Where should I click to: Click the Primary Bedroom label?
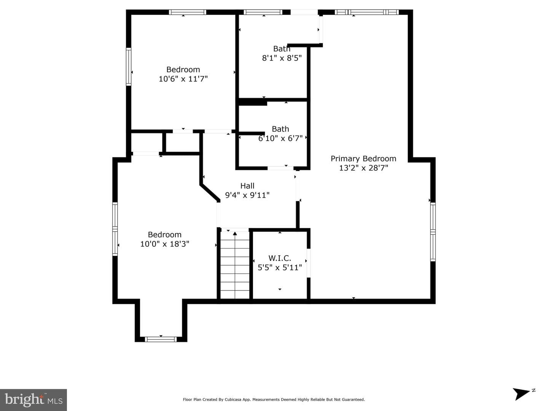point(363,159)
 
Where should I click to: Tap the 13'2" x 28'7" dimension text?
point(363,168)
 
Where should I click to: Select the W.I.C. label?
point(280,258)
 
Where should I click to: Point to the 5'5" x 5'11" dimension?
point(280,268)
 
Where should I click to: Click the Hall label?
point(247,186)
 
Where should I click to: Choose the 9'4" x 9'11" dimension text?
point(247,195)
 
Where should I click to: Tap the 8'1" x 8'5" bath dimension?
point(282,58)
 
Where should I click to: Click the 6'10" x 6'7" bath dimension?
point(280,138)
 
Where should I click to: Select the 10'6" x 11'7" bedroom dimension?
point(183,79)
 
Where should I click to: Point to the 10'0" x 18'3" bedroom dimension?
point(164,244)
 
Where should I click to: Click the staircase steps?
point(235,265)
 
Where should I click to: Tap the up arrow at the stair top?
point(235,234)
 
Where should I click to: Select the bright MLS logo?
point(33,400)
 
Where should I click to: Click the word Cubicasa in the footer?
point(233,400)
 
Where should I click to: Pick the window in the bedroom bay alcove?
point(161,339)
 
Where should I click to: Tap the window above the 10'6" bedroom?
point(188,12)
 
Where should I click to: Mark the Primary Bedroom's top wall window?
point(366,12)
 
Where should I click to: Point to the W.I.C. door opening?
point(309,263)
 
